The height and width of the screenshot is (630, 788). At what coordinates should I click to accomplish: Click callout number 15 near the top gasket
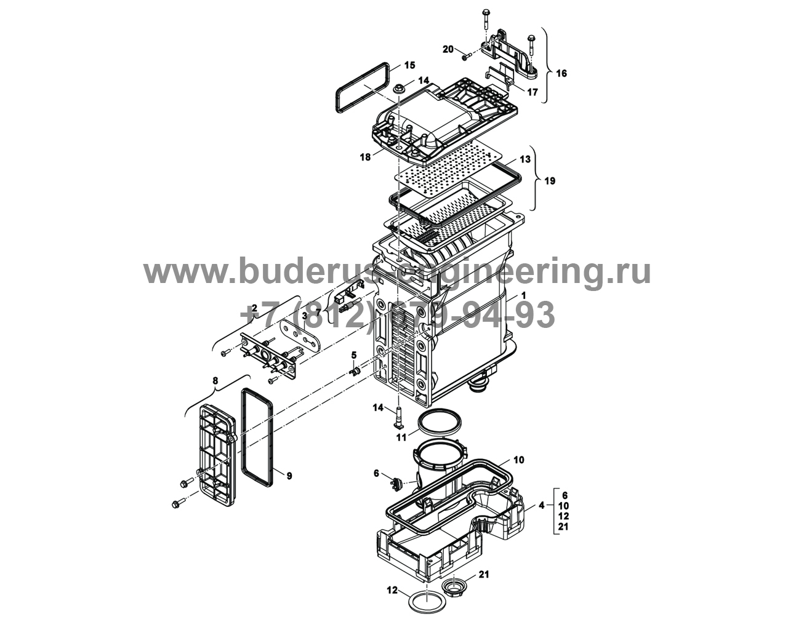(409, 65)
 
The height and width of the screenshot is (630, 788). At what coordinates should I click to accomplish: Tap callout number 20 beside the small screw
(448, 49)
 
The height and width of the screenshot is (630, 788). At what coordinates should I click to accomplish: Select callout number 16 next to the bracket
(561, 73)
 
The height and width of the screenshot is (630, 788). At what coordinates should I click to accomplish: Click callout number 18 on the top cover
(365, 157)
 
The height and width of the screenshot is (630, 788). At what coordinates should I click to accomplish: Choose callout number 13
(525, 159)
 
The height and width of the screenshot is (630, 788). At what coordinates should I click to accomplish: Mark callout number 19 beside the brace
(550, 181)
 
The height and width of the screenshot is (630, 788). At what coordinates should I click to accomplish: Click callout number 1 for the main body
(523, 295)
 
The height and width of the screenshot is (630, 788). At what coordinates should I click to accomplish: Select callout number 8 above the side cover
(214, 381)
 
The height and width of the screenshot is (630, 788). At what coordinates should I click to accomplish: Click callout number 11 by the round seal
(401, 437)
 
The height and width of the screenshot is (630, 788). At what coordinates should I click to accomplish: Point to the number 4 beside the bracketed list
(541, 506)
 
